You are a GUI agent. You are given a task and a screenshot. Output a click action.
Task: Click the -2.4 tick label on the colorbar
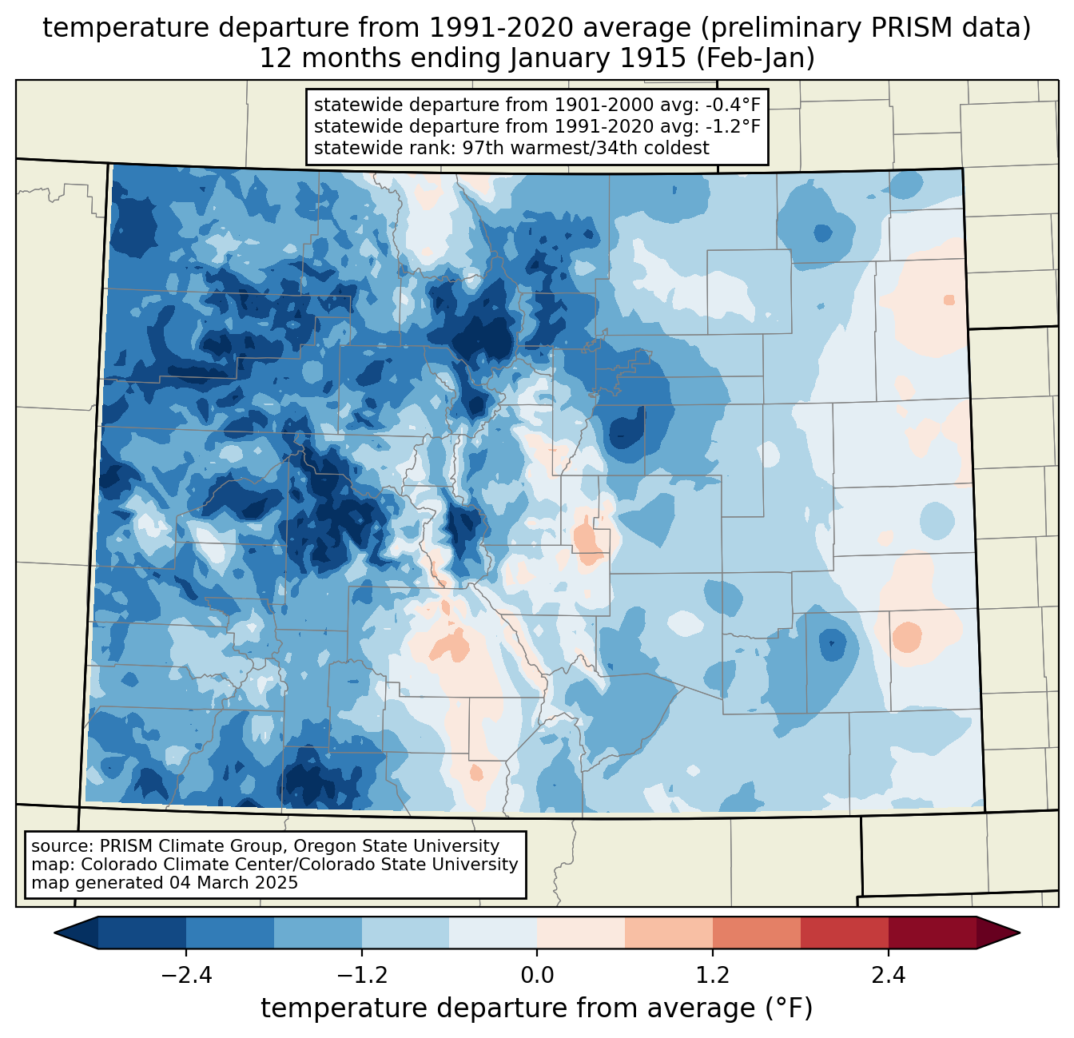tap(186, 976)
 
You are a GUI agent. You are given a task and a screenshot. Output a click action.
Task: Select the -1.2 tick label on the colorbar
tap(362, 976)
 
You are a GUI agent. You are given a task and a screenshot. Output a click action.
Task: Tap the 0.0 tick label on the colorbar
tap(537, 976)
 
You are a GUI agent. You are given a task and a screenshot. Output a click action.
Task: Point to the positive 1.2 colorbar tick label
tap(713, 976)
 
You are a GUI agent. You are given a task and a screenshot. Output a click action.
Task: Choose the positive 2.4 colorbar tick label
tap(889, 976)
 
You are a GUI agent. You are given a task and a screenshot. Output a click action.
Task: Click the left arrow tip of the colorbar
tap(54, 933)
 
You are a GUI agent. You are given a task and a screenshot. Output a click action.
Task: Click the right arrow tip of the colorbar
tap(1020, 933)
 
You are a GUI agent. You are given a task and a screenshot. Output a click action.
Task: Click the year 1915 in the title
tap(655, 58)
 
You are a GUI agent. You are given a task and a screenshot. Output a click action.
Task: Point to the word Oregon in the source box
tap(324, 846)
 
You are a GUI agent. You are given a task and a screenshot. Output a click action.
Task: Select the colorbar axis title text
tap(537, 1008)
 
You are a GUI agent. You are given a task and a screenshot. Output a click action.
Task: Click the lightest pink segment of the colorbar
tap(581, 933)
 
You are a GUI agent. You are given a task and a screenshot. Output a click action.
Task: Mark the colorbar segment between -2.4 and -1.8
tap(230, 933)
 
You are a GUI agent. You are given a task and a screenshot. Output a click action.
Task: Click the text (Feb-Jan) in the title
tap(755, 58)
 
